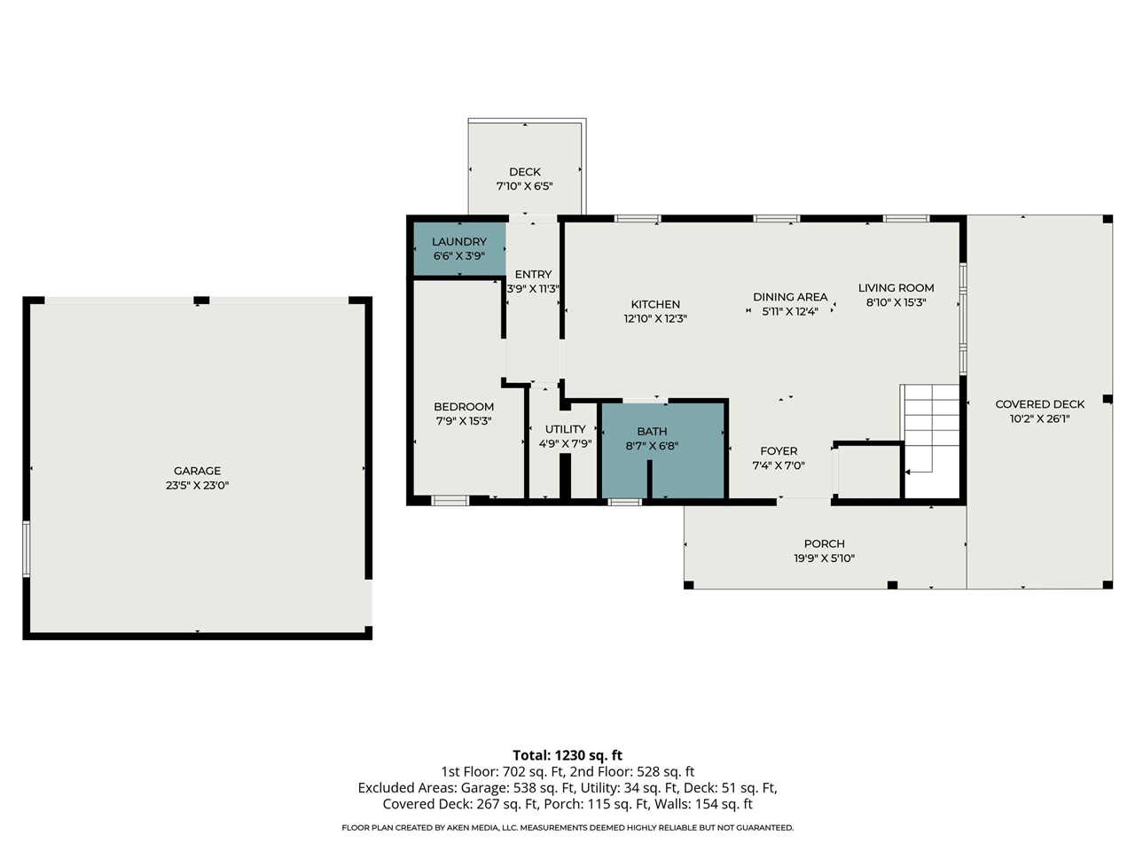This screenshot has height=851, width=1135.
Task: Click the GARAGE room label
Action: (x=197, y=471)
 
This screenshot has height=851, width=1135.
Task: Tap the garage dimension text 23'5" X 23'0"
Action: (x=197, y=485)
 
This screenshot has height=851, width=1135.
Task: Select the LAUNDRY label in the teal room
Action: (x=459, y=241)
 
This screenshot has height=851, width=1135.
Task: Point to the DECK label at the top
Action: (x=525, y=172)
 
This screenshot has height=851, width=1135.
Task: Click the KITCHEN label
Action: (x=655, y=304)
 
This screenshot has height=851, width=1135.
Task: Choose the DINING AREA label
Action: (x=790, y=297)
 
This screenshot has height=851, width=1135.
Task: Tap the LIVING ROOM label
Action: (x=896, y=288)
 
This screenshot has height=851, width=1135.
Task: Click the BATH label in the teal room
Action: (x=652, y=432)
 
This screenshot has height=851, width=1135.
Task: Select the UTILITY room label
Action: (x=565, y=429)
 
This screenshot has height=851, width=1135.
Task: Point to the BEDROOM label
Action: (x=464, y=407)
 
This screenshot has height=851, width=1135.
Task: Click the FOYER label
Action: (x=779, y=451)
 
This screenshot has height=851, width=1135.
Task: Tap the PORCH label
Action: (x=825, y=543)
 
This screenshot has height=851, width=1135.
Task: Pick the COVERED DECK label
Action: (x=1040, y=404)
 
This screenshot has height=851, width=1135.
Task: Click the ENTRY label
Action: (x=533, y=275)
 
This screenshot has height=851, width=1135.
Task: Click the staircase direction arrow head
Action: (x=907, y=472)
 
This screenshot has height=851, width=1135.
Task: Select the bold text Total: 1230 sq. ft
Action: (x=567, y=755)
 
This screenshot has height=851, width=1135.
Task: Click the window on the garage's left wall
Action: (x=26, y=549)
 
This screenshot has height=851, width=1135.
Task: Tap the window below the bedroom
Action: (x=450, y=500)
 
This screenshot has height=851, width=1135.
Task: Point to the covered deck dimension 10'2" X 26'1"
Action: (x=1040, y=418)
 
